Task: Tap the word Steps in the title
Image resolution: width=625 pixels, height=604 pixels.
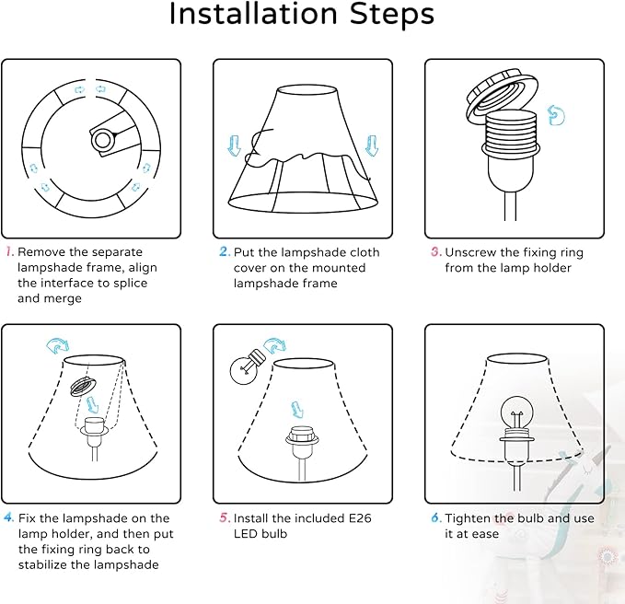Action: (x=392, y=14)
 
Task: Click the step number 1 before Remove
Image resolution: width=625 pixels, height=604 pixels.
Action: (x=9, y=251)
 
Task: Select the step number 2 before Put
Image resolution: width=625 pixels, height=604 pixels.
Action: (x=225, y=251)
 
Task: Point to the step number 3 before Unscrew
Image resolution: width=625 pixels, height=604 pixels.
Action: (x=436, y=251)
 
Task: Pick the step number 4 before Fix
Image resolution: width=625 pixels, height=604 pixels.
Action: (x=9, y=517)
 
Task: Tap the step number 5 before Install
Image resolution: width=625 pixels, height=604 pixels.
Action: (x=225, y=517)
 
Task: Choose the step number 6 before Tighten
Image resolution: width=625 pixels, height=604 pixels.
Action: (x=436, y=517)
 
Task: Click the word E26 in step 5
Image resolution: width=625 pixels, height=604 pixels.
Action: (x=360, y=517)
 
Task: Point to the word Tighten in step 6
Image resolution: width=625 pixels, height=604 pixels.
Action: (x=468, y=518)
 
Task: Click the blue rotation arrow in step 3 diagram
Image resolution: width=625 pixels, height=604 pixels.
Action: (x=556, y=115)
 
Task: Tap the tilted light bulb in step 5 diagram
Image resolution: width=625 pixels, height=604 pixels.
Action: (x=247, y=367)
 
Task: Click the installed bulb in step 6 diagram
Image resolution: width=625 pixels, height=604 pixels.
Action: (x=516, y=413)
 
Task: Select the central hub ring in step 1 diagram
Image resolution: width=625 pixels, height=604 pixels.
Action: (x=102, y=140)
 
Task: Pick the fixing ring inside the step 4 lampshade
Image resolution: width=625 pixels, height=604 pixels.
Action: (x=84, y=386)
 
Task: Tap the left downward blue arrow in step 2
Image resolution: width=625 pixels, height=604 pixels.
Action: (x=234, y=145)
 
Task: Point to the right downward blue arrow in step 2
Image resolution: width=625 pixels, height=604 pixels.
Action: (x=372, y=145)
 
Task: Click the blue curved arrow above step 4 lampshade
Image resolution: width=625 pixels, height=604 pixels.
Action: (x=58, y=345)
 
